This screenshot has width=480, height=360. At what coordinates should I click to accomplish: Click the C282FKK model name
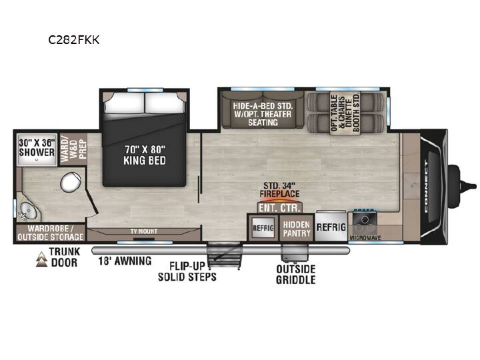[74, 40]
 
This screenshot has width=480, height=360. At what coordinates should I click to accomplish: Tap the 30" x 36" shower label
[37, 147]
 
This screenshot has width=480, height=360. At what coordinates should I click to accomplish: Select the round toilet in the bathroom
[71, 182]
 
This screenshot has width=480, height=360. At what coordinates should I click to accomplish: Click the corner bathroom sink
[27, 212]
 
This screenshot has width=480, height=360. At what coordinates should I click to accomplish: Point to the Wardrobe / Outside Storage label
[50, 233]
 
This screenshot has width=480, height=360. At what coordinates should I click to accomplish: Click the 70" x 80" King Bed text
[145, 155]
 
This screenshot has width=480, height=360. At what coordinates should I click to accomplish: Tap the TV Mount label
[144, 231]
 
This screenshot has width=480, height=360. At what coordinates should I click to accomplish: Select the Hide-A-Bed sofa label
[263, 114]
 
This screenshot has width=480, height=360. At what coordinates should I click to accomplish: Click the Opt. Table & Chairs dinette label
[345, 113]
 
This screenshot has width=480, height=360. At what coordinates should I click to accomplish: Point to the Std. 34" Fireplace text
[279, 190]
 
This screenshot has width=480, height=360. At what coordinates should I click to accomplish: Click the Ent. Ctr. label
[279, 208]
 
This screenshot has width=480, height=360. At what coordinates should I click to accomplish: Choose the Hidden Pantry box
[297, 229]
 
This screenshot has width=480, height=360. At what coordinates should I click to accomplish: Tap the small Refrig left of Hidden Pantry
[263, 228]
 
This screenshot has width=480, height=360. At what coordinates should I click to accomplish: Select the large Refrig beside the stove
[331, 227]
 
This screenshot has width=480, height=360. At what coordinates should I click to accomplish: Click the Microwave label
[365, 238]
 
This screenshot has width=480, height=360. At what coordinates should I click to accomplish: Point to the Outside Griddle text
[296, 274]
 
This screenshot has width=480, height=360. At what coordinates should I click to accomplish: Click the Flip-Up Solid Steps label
[187, 271]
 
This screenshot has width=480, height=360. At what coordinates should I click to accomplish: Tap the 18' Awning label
[125, 261]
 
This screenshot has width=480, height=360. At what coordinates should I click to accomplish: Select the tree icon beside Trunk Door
[41, 259]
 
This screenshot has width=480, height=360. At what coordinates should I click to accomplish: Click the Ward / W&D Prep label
[73, 149]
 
